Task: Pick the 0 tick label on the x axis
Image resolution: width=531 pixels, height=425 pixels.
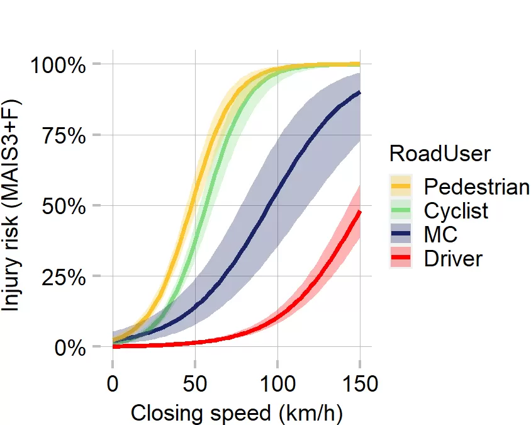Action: [x=112, y=383]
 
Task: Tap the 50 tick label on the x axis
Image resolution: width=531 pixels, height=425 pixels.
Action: [x=195, y=383]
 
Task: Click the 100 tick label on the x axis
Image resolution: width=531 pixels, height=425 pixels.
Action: [x=277, y=383]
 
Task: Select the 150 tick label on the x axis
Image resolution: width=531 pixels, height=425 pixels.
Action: [x=360, y=383]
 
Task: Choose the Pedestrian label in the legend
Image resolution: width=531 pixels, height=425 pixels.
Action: [x=476, y=187]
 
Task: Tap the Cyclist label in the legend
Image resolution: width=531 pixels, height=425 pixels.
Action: [x=456, y=210]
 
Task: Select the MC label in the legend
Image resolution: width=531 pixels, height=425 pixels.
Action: [x=440, y=234]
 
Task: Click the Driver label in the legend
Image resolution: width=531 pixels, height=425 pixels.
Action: [x=453, y=258]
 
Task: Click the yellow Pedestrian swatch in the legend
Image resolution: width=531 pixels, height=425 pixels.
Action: [x=401, y=186]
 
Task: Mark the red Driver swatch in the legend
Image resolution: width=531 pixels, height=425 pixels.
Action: [x=401, y=258]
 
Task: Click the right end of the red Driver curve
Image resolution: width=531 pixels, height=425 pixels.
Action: [x=359, y=212]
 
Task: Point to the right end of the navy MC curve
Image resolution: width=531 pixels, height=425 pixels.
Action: [x=359, y=93]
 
